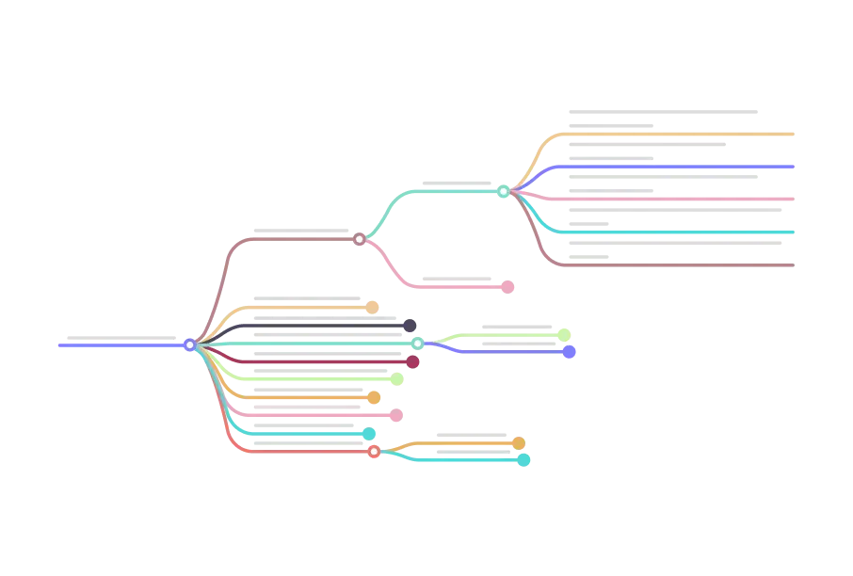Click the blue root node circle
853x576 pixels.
190,345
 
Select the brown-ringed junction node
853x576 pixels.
360,239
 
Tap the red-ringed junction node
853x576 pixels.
374,452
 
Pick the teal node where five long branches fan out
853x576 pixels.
504,191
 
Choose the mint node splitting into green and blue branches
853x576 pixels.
418,344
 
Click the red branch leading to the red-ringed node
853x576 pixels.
301,453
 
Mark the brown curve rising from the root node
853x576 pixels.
226,273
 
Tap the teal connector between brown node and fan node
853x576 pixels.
433,192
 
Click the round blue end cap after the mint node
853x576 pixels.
568,352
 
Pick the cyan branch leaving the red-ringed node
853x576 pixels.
471,460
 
